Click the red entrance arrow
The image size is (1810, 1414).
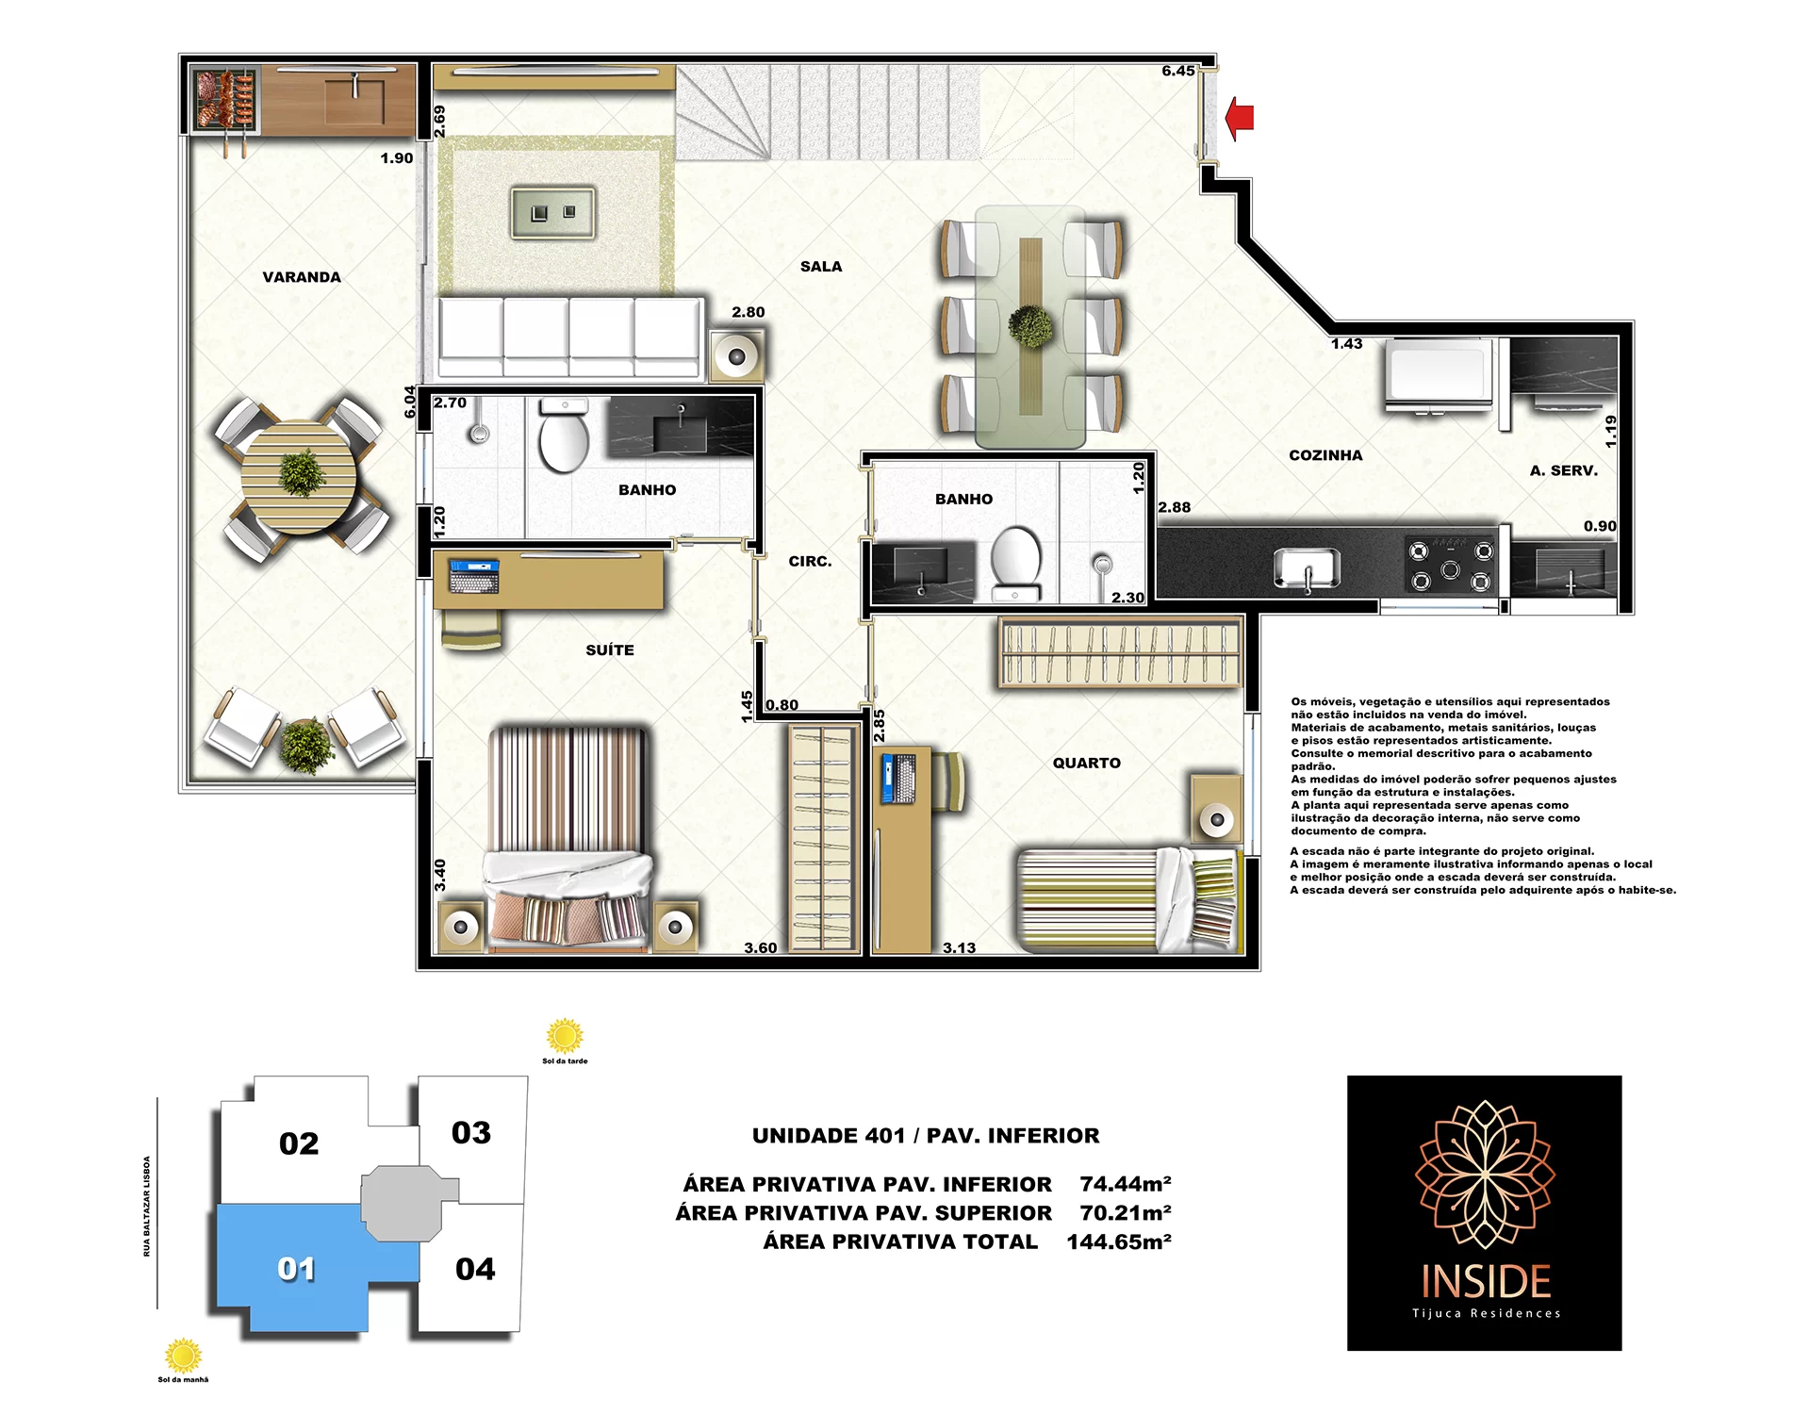[x=1240, y=118]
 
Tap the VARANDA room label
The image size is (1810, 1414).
[x=302, y=277]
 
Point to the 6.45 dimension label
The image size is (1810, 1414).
[x=1178, y=71]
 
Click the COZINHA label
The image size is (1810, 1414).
[x=1325, y=455]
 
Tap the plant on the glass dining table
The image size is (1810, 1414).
[x=1031, y=326]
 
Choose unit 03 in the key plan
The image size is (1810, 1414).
[x=471, y=1132]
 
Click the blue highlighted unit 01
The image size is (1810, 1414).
[x=297, y=1268]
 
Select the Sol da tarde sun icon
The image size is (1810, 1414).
[x=565, y=1035]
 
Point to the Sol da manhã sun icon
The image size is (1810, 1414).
[x=183, y=1356]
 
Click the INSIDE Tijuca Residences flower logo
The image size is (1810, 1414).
[x=1485, y=1174]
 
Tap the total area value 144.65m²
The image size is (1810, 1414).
[x=1119, y=1242]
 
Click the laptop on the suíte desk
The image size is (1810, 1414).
[x=474, y=576]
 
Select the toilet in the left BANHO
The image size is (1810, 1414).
[x=564, y=435]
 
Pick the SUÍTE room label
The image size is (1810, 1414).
[x=610, y=650]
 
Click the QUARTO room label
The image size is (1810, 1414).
[x=1087, y=764]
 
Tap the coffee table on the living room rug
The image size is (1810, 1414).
[x=553, y=212]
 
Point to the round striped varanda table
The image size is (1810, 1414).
[x=299, y=477]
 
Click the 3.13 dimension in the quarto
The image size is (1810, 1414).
[x=960, y=948]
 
